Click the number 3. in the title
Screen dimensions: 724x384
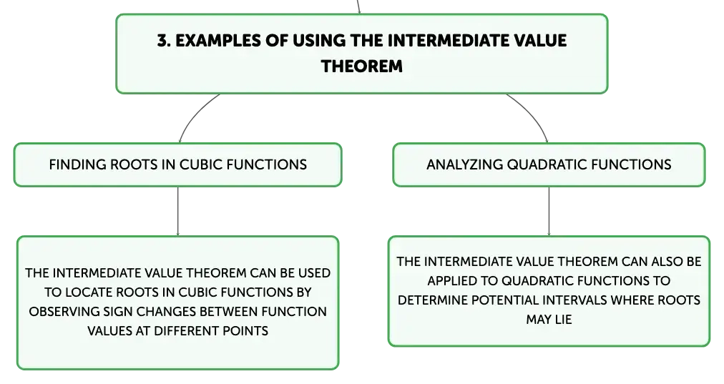[x=164, y=41]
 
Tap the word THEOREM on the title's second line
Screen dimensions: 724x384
[x=361, y=67]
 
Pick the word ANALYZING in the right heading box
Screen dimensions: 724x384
[x=464, y=164]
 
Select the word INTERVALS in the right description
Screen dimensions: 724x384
[x=574, y=300]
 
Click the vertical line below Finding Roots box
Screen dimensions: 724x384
[x=177, y=212]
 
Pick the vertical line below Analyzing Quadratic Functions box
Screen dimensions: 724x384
[x=549, y=212]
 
